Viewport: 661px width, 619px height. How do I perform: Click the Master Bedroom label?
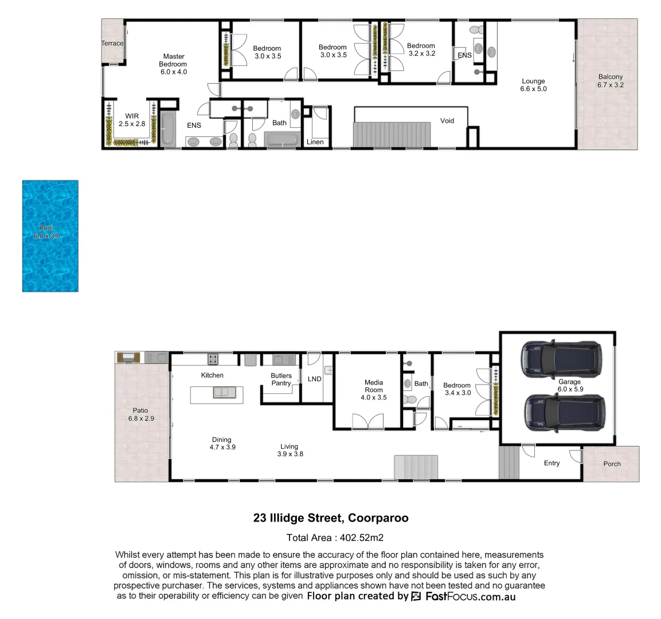tap(173, 64)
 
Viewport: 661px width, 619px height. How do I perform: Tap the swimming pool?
tap(50, 236)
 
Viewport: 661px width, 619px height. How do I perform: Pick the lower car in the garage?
tap(564, 412)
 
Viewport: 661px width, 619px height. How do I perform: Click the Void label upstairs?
tap(447, 121)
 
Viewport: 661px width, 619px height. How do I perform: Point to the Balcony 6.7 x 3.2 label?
tap(610, 81)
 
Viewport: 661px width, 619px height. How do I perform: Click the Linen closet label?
tap(315, 142)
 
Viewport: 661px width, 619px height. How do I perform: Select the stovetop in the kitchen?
tap(213, 359)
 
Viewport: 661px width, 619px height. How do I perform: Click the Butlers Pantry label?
tap(281, 379)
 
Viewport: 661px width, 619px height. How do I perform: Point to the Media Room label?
tap(373, 390)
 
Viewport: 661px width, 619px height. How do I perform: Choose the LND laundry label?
tap(314, 379)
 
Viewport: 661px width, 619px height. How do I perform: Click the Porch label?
tap(612, 464)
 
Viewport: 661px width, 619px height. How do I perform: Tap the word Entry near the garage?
tap(552, 463)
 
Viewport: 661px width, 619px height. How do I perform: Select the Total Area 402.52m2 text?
tap(335, 538)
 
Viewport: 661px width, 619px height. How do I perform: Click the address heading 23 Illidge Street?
tap(331, 518)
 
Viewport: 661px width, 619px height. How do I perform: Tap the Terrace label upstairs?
tap(112, 44)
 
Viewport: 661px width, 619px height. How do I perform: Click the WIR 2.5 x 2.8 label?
tap(132, 120)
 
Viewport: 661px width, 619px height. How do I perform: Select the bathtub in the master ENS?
tap(167, 129)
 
